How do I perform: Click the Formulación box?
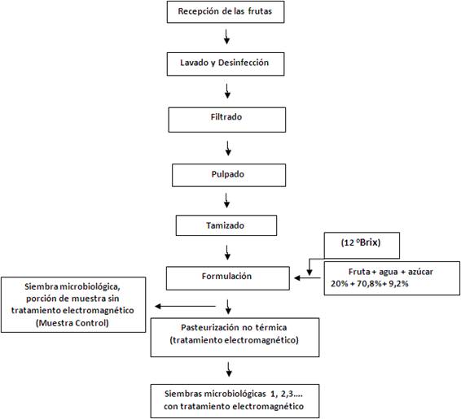(x=227, y=277)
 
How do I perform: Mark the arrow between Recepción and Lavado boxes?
(x=227, y=37)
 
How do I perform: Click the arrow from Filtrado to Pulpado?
(x=227, y=147)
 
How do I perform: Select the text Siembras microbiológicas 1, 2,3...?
(x=227, y=394)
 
